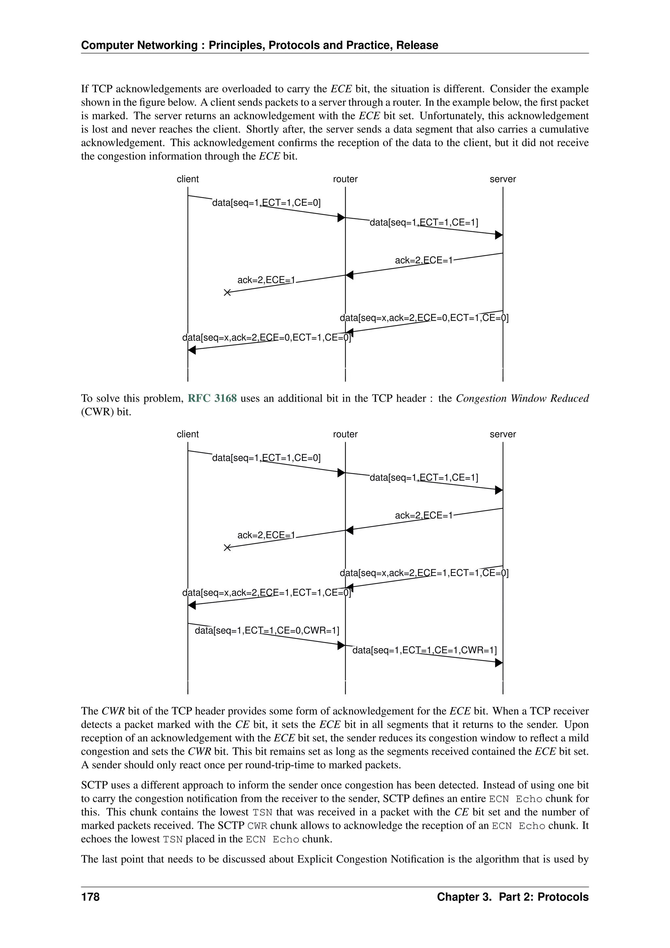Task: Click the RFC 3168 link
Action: [x=212, y=398]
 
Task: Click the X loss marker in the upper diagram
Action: [x=227, y=293]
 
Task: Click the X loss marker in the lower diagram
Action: [x=227, y=548]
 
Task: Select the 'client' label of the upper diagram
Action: [x=188, y=179]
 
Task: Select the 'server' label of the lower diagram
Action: [x=502, y=434]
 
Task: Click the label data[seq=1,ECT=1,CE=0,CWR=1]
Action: [x=267, y=630]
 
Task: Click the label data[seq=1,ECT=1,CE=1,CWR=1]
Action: [x=425, y=650]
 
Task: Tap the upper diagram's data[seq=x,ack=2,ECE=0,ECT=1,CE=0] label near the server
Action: [x=424, y=318]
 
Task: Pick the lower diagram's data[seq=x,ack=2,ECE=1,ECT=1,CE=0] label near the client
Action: [x=267, y=593]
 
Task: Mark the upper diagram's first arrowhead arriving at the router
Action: [x=341, y=218]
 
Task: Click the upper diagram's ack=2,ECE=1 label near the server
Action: [x=424, y=261]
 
